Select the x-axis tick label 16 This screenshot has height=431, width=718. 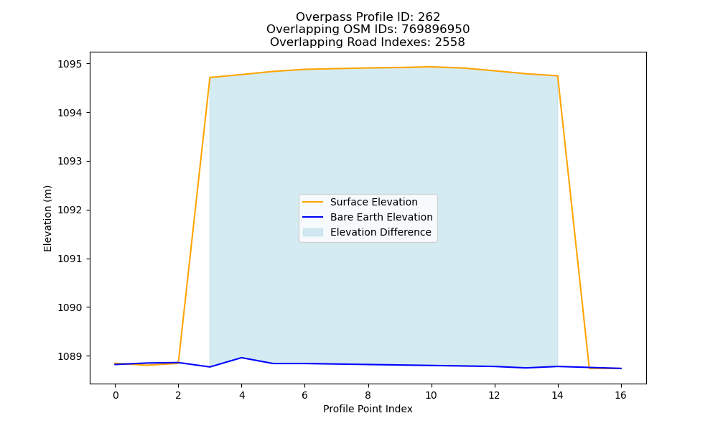[x=620, y=395]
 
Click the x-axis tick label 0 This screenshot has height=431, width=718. [x=116, y=395]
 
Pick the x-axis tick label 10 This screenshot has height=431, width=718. [x=431, y=395]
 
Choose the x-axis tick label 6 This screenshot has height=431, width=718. [x=305, y=395]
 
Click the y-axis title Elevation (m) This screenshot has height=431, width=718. [x=47, y=218]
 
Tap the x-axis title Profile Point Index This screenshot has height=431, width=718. [x=368, y=409]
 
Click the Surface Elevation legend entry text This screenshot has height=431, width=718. [x=373, y=202]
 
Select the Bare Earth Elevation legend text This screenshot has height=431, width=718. [x=381, y=217]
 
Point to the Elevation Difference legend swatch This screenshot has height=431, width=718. [x=313, y=232]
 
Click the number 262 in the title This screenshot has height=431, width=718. [x=429, y=17]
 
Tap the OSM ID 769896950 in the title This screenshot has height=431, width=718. [x=436, y=29]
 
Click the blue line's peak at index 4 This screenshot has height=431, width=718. [x=241, y=358]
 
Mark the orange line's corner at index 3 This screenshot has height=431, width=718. [x=210, y=78]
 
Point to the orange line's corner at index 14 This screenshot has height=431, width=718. [x=557, y=76]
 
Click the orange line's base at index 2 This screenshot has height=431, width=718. [x=178, y=363]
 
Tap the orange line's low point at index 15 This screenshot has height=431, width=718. [x=589, y=368]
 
